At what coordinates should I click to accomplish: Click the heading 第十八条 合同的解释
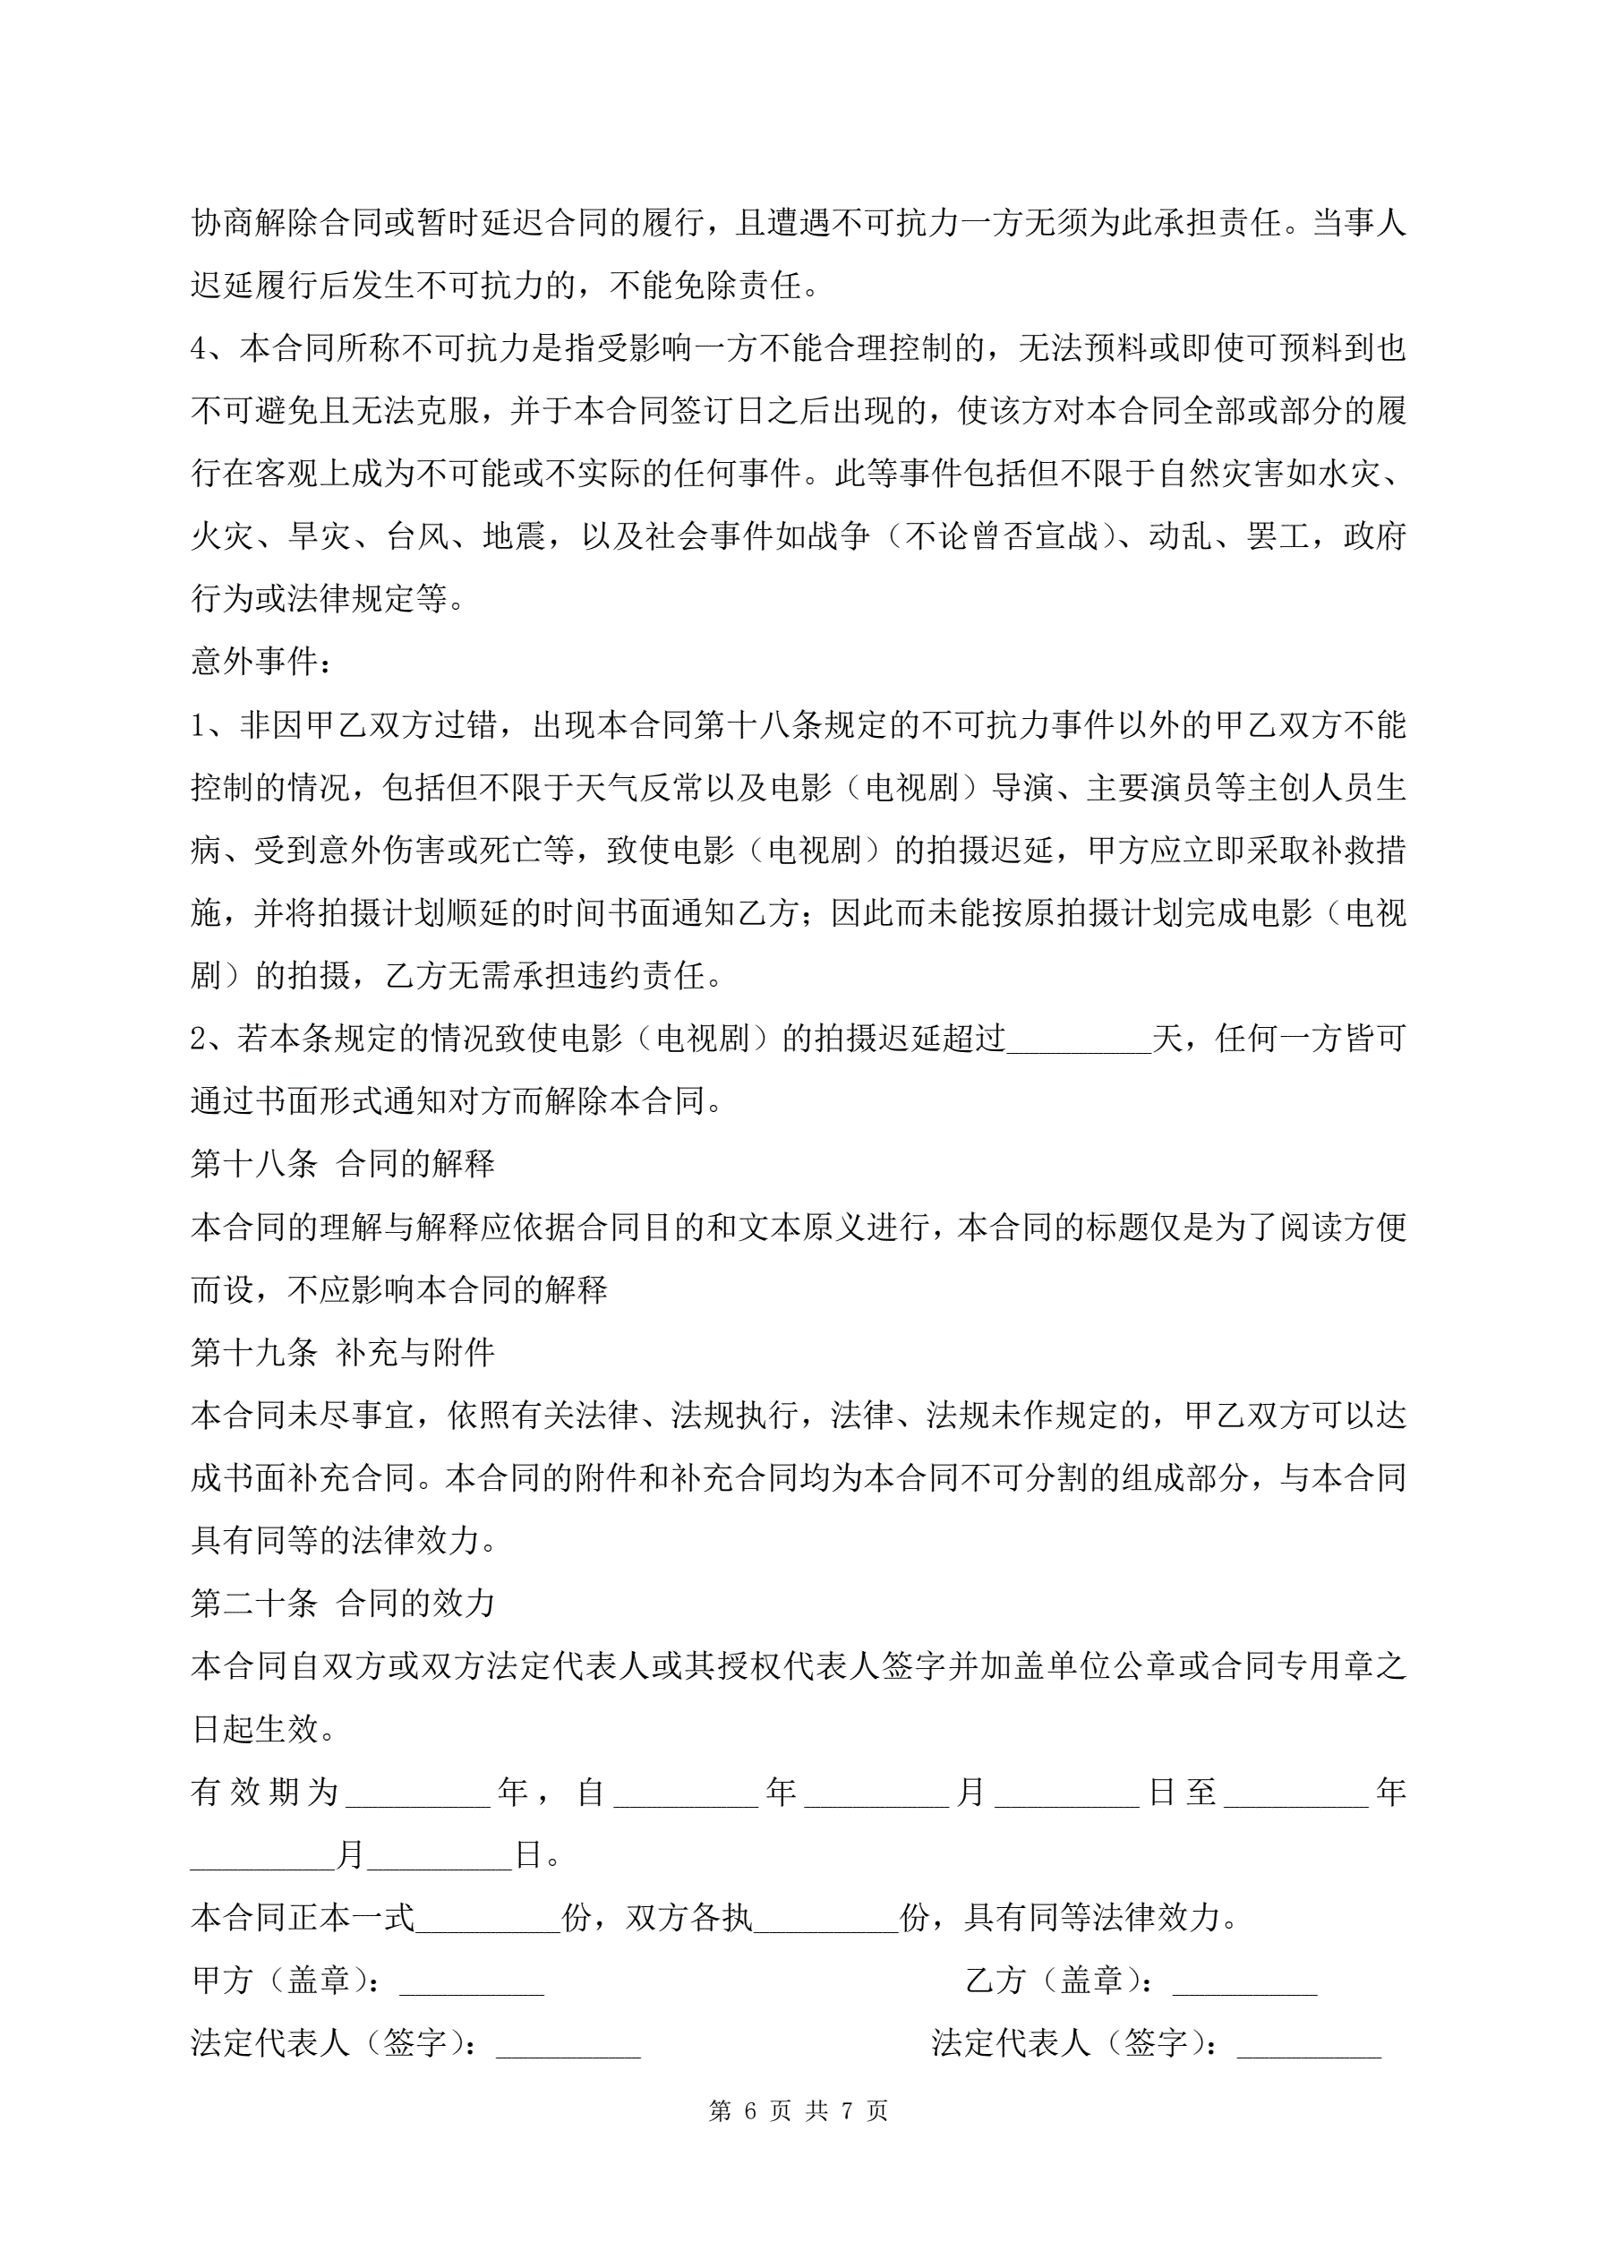coord(342,1164)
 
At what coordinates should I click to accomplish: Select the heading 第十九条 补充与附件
coord(342,1353)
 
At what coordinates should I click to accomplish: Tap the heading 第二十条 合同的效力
coord(342,1604)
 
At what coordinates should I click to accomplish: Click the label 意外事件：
coord(261,661)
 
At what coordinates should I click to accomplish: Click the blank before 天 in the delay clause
coord(1079,1039)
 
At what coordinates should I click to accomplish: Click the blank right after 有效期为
coord(418,1793)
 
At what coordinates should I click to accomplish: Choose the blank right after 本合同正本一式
coord(488,1918)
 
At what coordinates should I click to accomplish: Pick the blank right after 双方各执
coord(826,1918)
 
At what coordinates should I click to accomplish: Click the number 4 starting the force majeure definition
coord(200,348)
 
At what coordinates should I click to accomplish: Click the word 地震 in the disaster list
coord(515,536)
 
